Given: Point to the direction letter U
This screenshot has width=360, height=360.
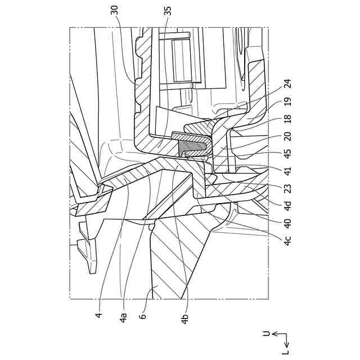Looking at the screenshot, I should [x=266, y=333].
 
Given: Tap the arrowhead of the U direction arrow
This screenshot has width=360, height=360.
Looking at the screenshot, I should [x=273, y=334].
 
